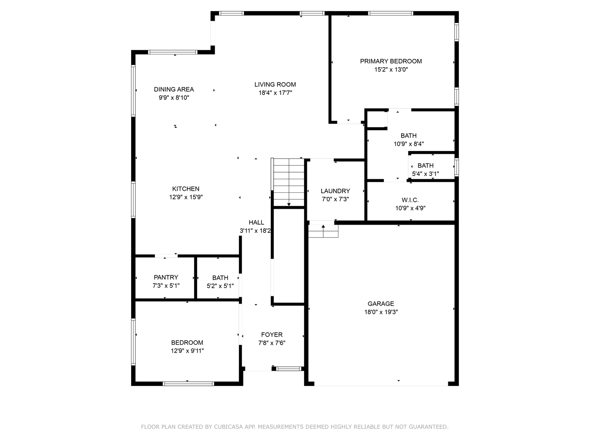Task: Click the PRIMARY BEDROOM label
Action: [391, 61]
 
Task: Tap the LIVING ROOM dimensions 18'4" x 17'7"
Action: [275, 93]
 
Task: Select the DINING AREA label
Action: [174, 89]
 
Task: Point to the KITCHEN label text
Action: [186, 189]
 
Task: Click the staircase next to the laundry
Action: [289, 182]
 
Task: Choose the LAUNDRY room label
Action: [335, 191]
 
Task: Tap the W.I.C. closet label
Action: [410, 200]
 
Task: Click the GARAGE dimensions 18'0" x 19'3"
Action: [381, 312]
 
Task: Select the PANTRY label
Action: [166, 277]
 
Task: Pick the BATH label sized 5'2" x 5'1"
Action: [220, 278]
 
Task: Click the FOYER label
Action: [272, 335]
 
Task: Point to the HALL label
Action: [256, 223]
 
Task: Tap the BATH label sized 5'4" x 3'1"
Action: [425, 166]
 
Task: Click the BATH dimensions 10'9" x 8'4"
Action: [408, 144]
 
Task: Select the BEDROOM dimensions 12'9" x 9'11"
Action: [187, 351]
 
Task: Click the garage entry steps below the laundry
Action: [323, 232]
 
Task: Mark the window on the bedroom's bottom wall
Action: [188, 383]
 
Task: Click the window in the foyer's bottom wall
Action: [289, 369]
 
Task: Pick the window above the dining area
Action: [172, 52]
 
